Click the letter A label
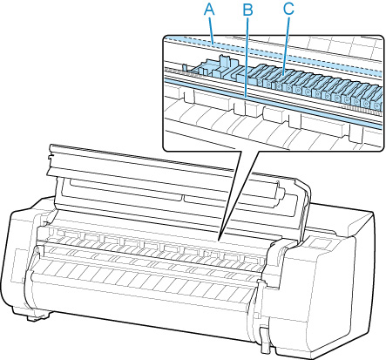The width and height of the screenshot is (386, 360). pyautogui.click(x=209, y=10)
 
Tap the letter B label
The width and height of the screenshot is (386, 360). pyautogui.click(x=247, y=10)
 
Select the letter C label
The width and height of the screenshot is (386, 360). pyautogui.click(x=288, y=9)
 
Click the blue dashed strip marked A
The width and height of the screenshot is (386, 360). pyautogui.click(x=272, y=54)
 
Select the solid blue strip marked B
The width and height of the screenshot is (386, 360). pyautogui.click(x=272, y=102)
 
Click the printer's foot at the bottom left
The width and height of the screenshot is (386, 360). pyautogui.click(x=37, y=316)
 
